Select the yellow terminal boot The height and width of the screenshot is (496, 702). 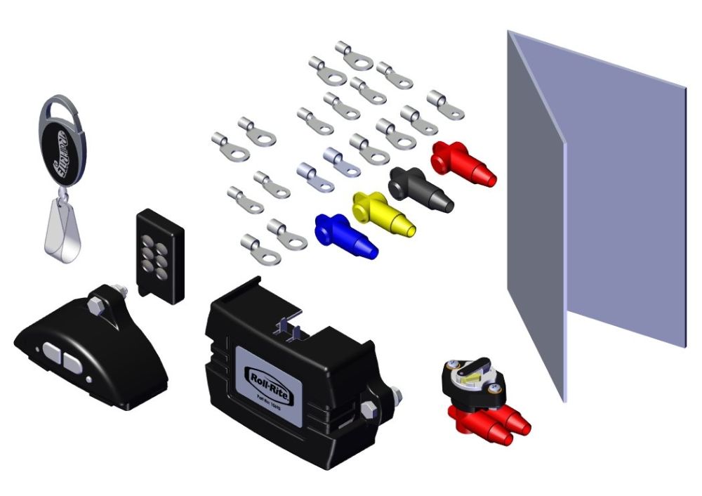(383, 213)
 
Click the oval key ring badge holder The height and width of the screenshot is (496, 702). (63, 145)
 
